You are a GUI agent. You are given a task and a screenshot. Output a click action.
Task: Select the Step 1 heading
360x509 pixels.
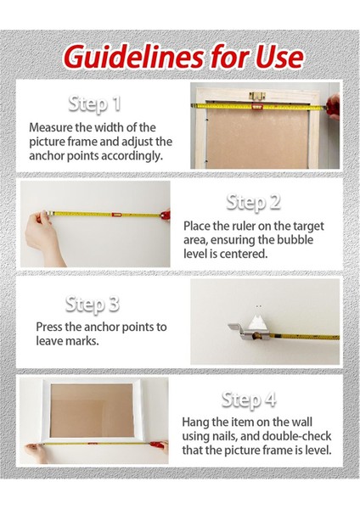[94, 104]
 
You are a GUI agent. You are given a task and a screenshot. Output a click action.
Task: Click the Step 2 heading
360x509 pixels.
[253, 203]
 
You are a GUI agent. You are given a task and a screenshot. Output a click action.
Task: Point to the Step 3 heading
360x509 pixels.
[93, 305]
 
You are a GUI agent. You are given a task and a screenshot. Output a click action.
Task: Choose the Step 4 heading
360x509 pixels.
[249, 400]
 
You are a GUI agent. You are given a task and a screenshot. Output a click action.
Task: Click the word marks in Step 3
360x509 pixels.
[82, 341]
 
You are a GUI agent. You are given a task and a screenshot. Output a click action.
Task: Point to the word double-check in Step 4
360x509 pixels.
[296, 436]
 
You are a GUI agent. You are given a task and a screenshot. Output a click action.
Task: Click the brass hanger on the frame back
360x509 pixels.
[257, 97]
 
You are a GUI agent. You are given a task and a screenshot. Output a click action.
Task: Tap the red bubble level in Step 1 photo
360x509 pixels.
[257, 107]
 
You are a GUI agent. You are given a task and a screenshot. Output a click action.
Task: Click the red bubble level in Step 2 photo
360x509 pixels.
[116, 215]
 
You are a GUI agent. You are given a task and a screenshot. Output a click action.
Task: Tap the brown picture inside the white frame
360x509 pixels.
[92, 411]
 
